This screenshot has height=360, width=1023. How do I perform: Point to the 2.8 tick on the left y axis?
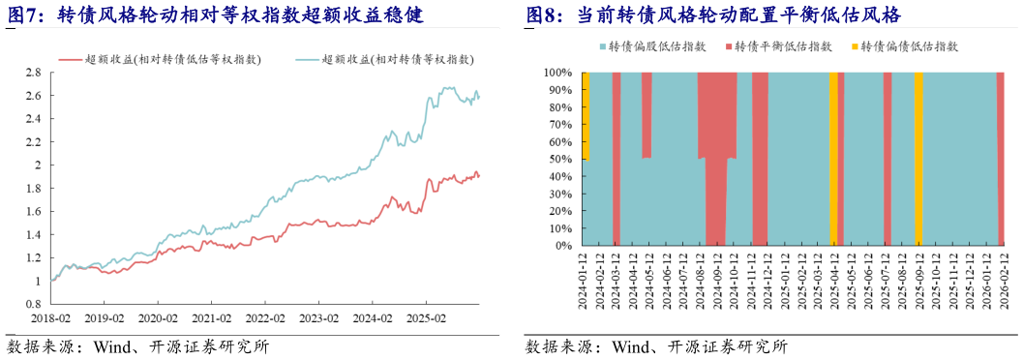pyautogui.click(x=32, y=73)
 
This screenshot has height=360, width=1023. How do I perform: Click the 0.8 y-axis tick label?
pyautogui.click(x=32, y=304)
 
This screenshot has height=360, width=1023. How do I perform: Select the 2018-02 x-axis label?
pyautogui.click(x=50, y=317)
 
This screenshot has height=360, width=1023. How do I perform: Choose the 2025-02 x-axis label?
pyautogui.click(x=426, y=317)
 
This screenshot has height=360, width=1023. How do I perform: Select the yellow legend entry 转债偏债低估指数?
pyautogui.click(x=909, y=46)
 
